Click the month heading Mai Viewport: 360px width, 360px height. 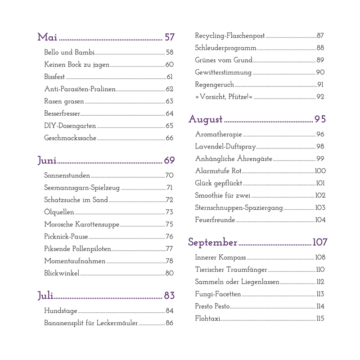[x=47, y=37]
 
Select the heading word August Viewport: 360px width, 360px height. [x=206, y=119]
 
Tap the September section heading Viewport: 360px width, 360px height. [x=212, y=242]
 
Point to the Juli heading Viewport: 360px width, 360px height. [x=45, y=295]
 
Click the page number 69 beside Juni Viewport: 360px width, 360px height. [x=169, y=160]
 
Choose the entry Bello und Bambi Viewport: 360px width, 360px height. [x=69, y=52]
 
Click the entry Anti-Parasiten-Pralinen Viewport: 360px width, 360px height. [x=80, y=89]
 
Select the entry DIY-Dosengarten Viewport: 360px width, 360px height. [x=70, y=126]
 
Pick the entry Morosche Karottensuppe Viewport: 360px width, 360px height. [x=81, y=224]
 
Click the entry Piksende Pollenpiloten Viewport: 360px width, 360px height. [x=77, y=248]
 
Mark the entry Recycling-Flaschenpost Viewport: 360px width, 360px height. [x=230, y=36]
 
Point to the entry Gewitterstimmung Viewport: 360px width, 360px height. [x=223, y=72]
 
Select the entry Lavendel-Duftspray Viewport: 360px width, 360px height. [x=225, y=146]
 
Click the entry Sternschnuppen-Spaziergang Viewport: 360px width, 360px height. [x=238, y=207]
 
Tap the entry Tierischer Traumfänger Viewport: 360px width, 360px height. [x=231, y=270]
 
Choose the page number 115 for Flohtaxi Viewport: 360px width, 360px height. [x=320, y=319]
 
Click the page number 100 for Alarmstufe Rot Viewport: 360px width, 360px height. [x=320, y=171]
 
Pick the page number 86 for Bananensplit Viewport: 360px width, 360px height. [x=170, y=323]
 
